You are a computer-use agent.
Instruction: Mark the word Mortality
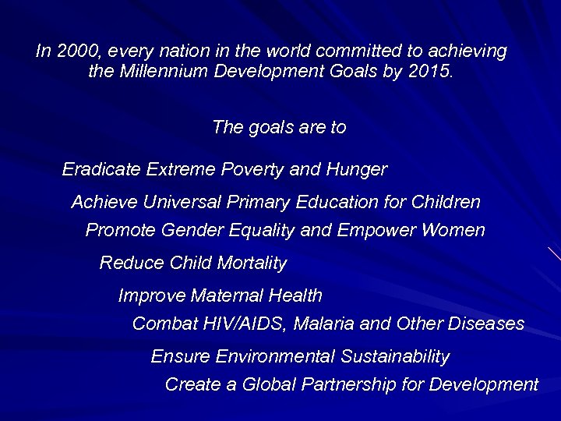click(252, 263)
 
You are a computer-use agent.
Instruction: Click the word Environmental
click(275, 356)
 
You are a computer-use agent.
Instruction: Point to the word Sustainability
click(395, 356)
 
